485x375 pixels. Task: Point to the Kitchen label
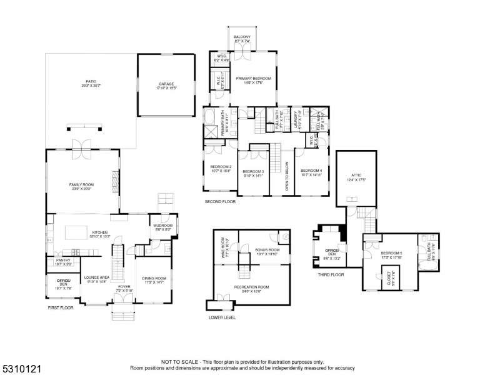pos(101,234)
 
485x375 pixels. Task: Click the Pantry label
pos(63,261)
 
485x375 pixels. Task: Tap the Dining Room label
pos(153,279)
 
